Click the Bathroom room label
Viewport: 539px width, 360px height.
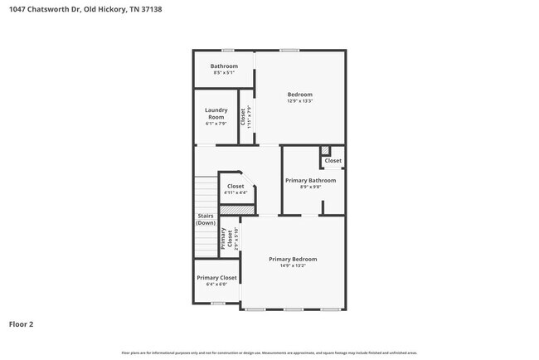tap(224, 66)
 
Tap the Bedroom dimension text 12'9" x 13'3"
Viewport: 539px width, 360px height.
tap(299, 101)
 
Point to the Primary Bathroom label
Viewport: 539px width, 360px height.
tap(310, 180)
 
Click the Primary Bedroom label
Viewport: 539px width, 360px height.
tap(293, 259)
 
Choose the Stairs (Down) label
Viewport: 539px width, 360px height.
tap(206, 220)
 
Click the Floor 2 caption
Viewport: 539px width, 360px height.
tap(22, 324)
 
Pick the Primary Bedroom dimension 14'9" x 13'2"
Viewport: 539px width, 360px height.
tap(293, 266)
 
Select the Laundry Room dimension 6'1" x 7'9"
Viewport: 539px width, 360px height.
tap(216, 124)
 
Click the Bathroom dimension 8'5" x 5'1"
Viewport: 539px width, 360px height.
tap(224, 73)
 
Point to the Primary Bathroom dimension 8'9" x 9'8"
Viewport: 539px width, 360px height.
tap(310, 187)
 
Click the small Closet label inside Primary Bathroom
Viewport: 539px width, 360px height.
tap(333, 161)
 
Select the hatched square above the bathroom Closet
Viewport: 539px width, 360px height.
tap(325, 150)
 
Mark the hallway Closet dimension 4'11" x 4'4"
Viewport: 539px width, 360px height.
tap(236, 193)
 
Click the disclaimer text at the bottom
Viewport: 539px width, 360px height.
tap(269, 353)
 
